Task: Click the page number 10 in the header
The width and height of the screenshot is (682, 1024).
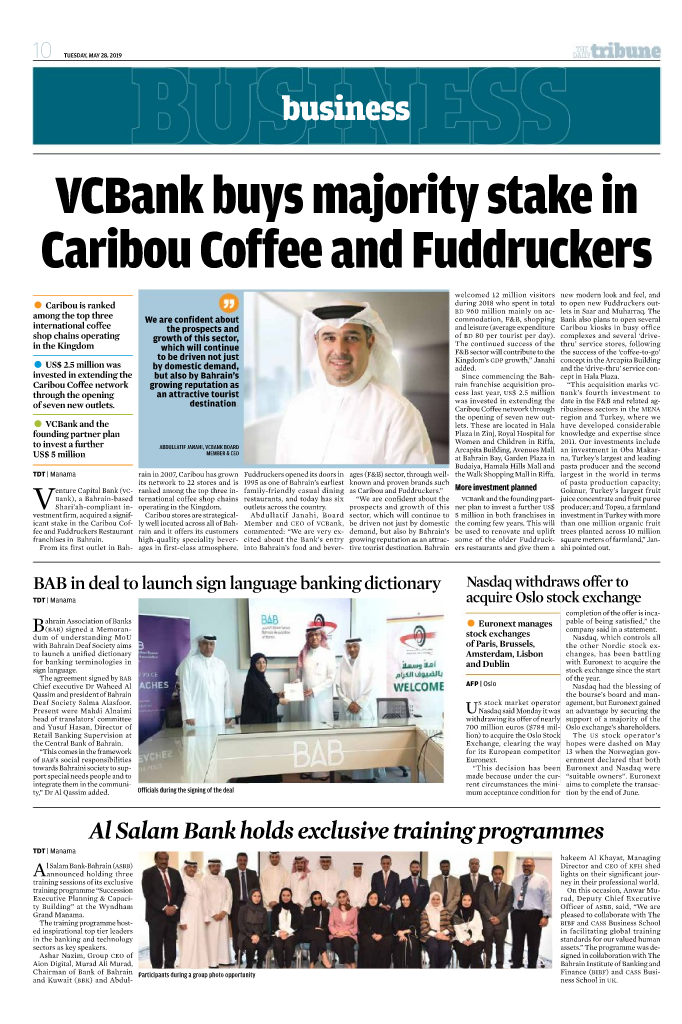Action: [42, 50]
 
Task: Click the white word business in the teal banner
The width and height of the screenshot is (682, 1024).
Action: [340, 107]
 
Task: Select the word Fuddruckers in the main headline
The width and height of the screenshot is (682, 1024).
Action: [480, 245]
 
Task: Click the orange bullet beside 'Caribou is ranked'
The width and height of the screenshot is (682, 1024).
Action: [38, 275]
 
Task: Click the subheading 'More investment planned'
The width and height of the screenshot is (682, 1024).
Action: [496, 487]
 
